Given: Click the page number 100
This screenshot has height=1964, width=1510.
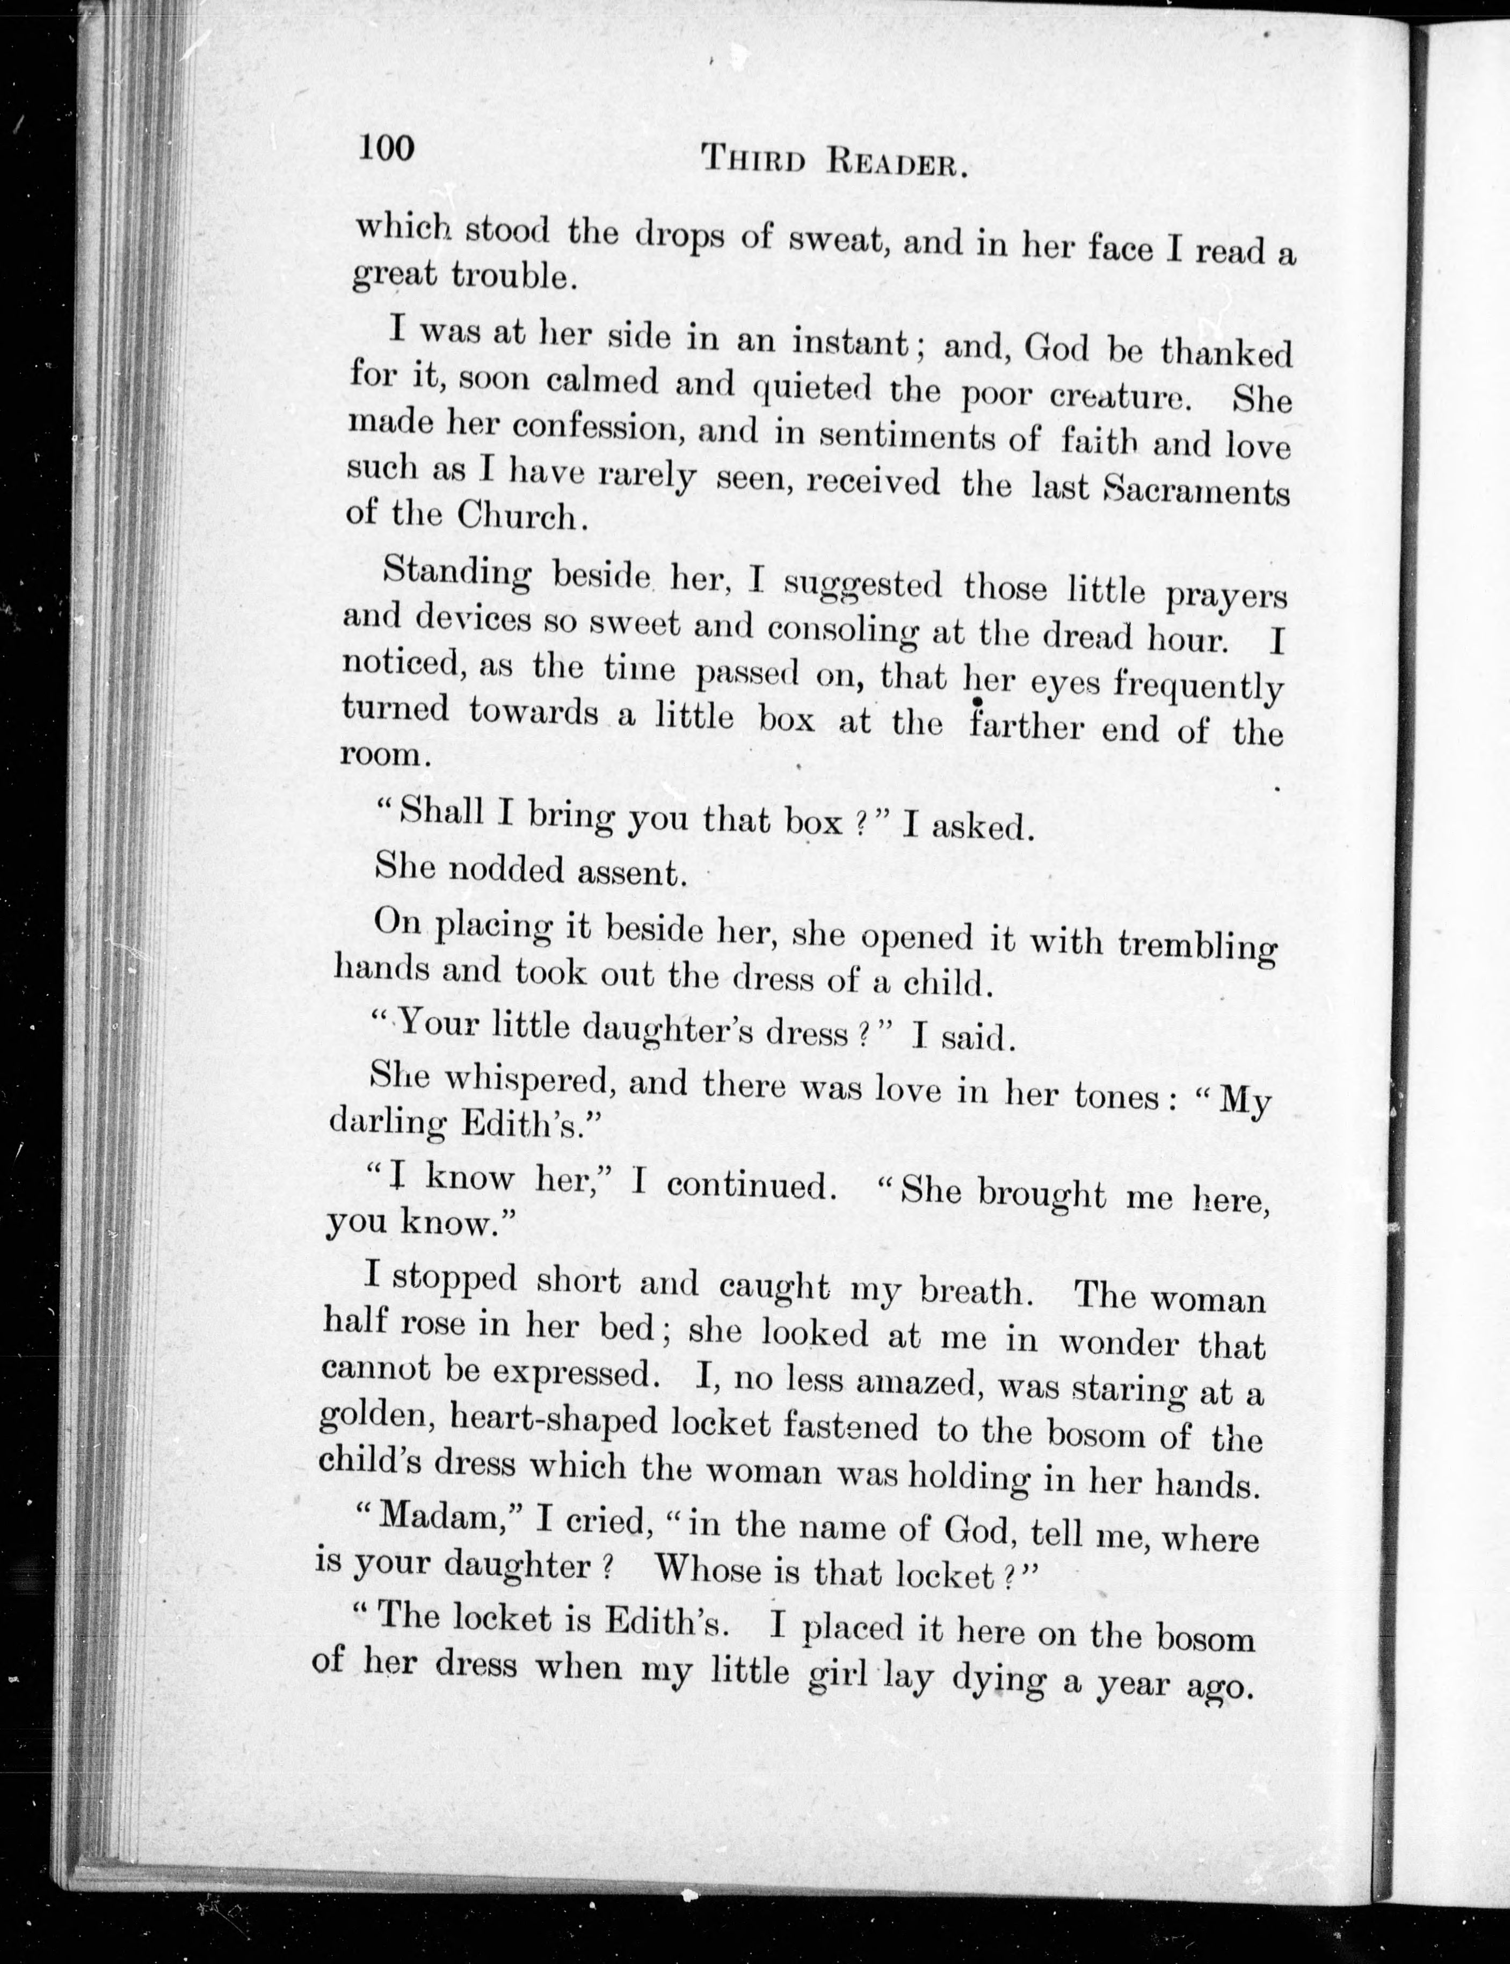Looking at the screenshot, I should click(x=387, y=147).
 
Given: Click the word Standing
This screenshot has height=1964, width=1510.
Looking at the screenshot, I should click(x=456, y=575).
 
